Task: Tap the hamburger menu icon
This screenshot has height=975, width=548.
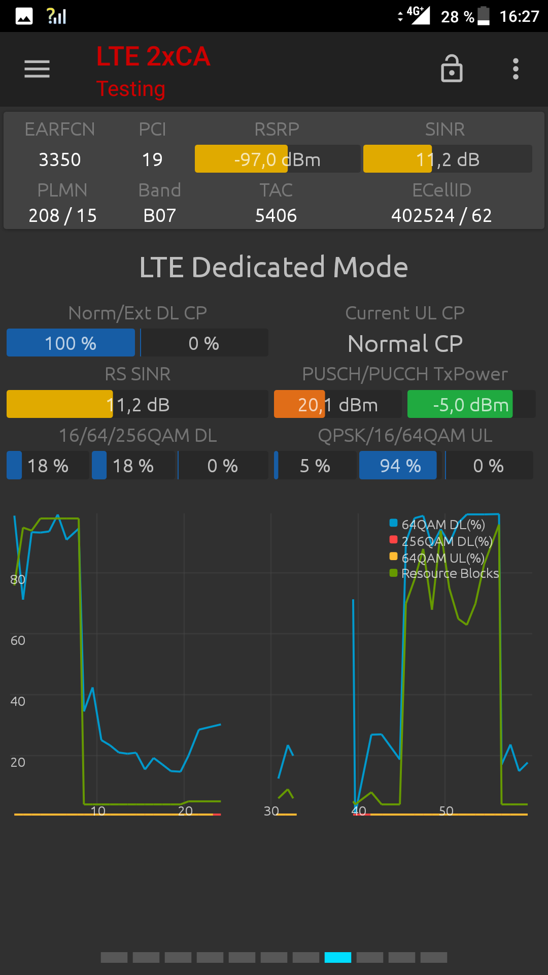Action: [37, 69]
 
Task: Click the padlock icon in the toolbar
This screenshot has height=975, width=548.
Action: [452, 69]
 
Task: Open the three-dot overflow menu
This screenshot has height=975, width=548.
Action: [516, 69]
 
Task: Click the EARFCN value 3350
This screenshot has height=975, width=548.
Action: [60, 159]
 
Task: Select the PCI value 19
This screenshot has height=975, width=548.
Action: [152, 159]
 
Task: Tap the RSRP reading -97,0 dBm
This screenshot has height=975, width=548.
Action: [277, 159]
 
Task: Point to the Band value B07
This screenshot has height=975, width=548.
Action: [159, 215]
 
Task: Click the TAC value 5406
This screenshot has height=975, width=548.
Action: [276, 215]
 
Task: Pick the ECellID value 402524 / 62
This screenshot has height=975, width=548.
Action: [441, 215]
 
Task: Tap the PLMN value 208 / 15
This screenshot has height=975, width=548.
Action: [62, 215]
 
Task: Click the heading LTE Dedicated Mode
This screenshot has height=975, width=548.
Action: [274, 267]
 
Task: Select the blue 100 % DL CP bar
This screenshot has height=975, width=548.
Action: [71, 343]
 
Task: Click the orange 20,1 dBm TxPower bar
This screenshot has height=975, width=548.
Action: [299, 405]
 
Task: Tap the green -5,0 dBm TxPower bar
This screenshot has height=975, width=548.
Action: [460, 405]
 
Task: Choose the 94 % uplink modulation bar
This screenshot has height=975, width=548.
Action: [398, 466]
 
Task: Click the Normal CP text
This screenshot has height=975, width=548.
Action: [405, 344]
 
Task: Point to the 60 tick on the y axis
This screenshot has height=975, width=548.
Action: [18, 640]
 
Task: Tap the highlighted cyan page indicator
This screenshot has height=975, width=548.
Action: [338, 957]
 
